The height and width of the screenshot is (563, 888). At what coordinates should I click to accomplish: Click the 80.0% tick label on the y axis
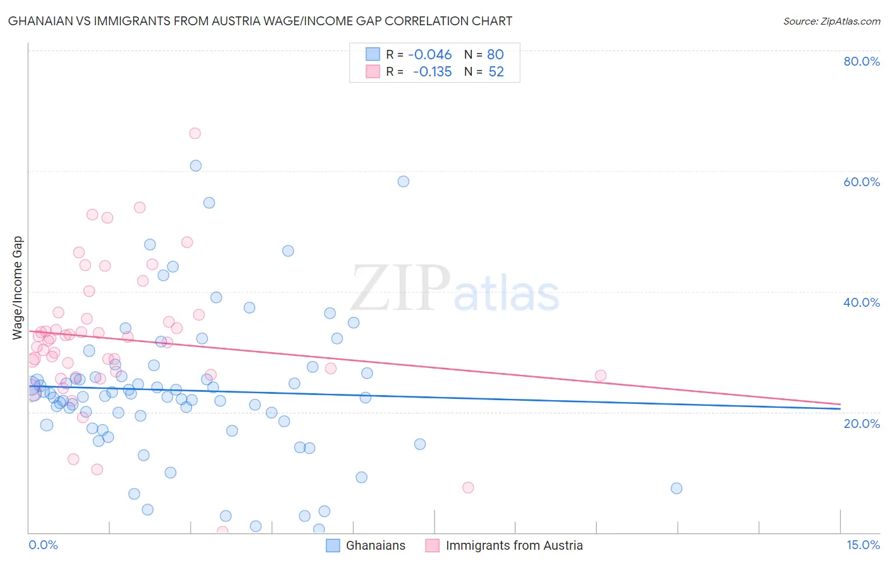[x=861, y=61]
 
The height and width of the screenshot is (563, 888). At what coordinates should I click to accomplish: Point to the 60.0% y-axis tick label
[x=861, y=182]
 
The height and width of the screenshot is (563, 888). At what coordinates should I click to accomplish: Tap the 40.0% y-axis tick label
[x=861, y=302]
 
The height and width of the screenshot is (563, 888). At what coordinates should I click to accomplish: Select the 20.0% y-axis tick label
[x=861, y=424]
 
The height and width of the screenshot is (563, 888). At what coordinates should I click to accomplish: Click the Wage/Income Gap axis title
[x=17, y=288]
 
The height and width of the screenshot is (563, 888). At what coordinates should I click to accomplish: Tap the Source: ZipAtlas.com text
[x=831, y=21]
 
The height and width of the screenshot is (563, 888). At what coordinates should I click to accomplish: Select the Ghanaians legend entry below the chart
[x=375, y=546]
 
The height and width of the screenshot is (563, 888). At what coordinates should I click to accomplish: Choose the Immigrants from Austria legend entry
[x=513, y=546]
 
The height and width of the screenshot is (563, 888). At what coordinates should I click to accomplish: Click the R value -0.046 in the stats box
[x=430, y=55]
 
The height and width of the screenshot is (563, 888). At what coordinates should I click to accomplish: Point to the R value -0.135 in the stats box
[x=432, y=72]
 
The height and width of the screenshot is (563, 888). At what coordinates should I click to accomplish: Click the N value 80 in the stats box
[x=495, y=55]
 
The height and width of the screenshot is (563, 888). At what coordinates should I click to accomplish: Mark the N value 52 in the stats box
[x=496, y=72]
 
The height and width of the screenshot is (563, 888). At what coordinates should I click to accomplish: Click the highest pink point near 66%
[x=195, y=133]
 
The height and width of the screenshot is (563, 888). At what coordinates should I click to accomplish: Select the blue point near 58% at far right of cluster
[x=403, y=181]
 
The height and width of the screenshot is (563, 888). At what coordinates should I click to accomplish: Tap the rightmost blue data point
[x=676, y=488]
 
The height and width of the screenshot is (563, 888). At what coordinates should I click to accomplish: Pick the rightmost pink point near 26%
[x=601, y=376]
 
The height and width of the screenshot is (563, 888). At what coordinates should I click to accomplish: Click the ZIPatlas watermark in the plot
[x=455, y=289]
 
